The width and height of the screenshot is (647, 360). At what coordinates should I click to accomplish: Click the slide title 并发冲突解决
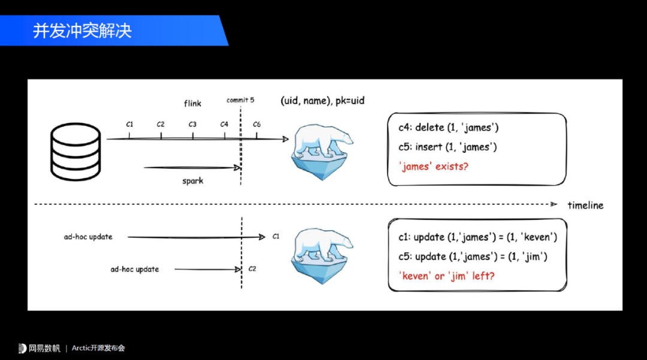[x=82, y=31]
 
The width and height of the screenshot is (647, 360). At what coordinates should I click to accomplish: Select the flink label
[x=192, y=103]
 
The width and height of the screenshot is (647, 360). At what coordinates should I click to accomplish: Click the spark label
[x=193, y=180]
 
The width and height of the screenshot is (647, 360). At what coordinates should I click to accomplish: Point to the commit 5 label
[x=240, y=100]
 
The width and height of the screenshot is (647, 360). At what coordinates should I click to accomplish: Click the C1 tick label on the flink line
[x=129, y=124]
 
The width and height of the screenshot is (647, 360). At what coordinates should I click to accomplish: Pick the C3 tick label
[x=192, y=124]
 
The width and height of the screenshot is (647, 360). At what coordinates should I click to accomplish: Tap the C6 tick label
[x=256, y=124]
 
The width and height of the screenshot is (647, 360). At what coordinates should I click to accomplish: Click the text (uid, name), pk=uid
[x=322, y=101]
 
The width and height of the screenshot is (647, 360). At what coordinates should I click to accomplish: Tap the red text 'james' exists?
[x=433, y=166]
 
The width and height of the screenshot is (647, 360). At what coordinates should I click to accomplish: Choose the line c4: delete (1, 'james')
[x=449, y=127]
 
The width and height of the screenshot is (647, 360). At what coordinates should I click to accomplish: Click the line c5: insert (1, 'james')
[x=448, y=147]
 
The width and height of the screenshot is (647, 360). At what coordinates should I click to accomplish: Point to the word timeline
[x=585, y=205]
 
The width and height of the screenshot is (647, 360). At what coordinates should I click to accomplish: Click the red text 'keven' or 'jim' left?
[x=447, y=276]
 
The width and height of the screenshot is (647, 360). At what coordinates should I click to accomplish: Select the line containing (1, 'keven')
[x=477, y=237]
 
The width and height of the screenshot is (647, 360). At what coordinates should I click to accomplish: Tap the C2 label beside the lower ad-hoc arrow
[x=252, y=268]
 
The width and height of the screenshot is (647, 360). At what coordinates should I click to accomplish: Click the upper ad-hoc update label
[x=88, y=237]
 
